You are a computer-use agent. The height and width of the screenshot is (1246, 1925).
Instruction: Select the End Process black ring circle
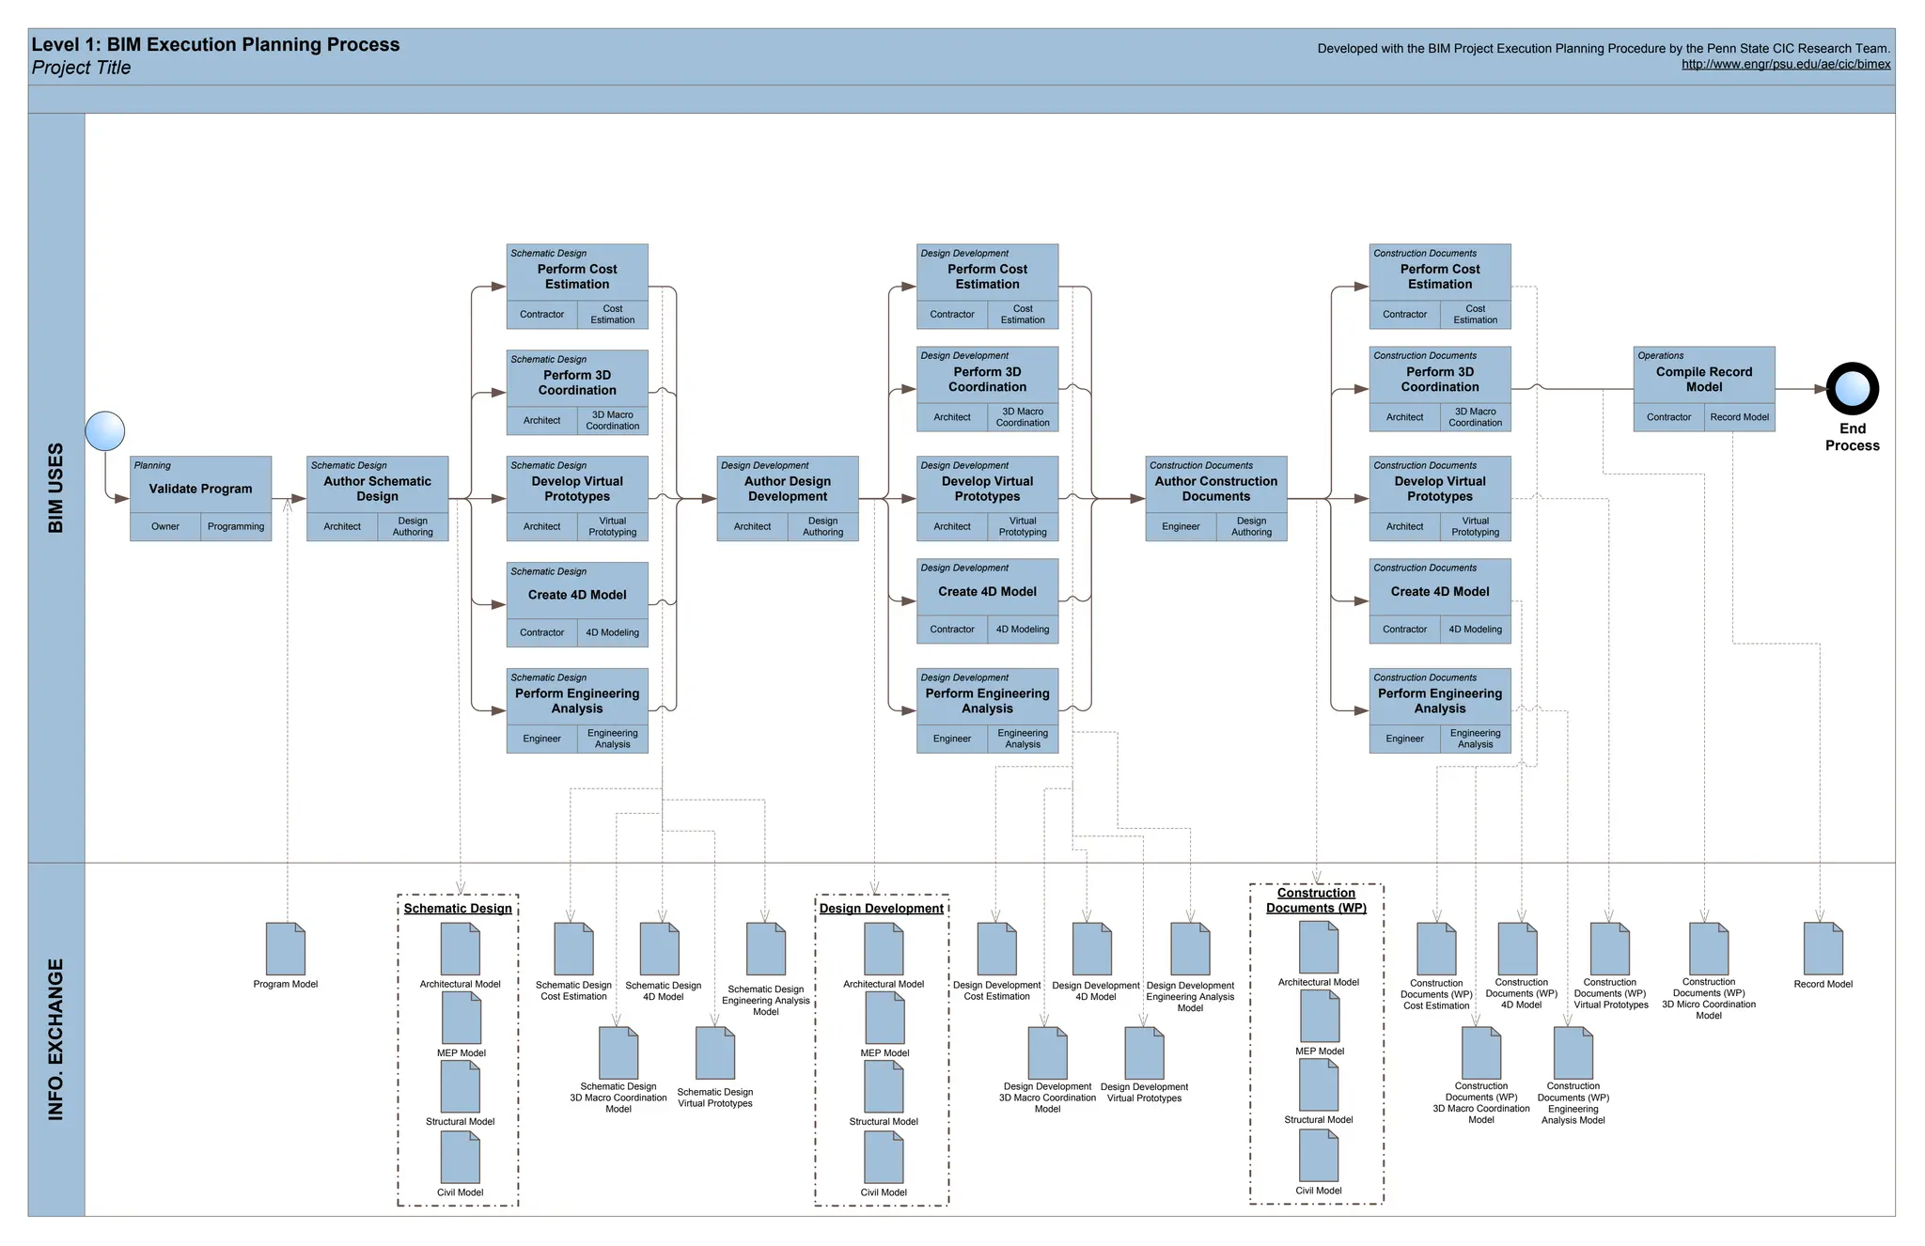(x=1852, y=389)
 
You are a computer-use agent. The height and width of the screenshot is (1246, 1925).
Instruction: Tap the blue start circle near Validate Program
(x=105, y=431)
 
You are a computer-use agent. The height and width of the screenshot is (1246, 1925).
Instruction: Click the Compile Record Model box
(x=1703, y=379)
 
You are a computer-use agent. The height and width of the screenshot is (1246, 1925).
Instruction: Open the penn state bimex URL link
(x=1785, y=65)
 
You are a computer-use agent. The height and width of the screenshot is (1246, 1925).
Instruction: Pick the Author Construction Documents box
(x=1215, y=488)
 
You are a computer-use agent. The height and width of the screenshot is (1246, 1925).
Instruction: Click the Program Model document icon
(x=286, y=949)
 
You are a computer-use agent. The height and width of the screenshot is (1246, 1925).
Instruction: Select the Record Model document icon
(x=1823, y=949)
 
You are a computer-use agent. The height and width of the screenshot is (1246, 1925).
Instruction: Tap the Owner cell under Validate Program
(x=165, y=527)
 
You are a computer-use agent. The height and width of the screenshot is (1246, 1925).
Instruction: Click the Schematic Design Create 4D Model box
(x=577, y=594)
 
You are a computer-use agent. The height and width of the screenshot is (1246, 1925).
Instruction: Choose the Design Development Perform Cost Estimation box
(x=987, y=276)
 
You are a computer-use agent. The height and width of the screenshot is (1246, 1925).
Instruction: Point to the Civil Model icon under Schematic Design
(x=461, y=1158)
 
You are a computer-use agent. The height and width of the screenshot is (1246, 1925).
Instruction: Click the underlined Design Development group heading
(x=881, y=909)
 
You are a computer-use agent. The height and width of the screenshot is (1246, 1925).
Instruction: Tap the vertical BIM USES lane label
(x=56, y=488)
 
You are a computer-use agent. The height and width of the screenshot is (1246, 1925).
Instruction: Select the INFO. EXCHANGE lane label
(x=56, y=1039)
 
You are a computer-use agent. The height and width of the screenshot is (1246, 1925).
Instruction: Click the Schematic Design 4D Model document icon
(x=660, y=949)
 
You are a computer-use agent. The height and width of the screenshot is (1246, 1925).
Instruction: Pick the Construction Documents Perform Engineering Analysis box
(x=1439, y=700)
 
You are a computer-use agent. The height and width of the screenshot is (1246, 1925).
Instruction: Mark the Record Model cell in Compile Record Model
(x=1739, y=417)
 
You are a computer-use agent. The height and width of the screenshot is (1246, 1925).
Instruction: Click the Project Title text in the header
(x=82, y=68)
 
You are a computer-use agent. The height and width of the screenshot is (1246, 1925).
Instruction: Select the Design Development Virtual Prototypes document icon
(x=1144, y=1053)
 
